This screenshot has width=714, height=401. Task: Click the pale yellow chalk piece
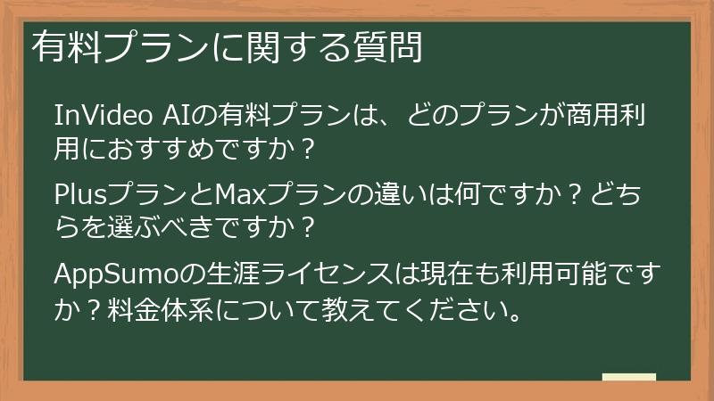point(629,377)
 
